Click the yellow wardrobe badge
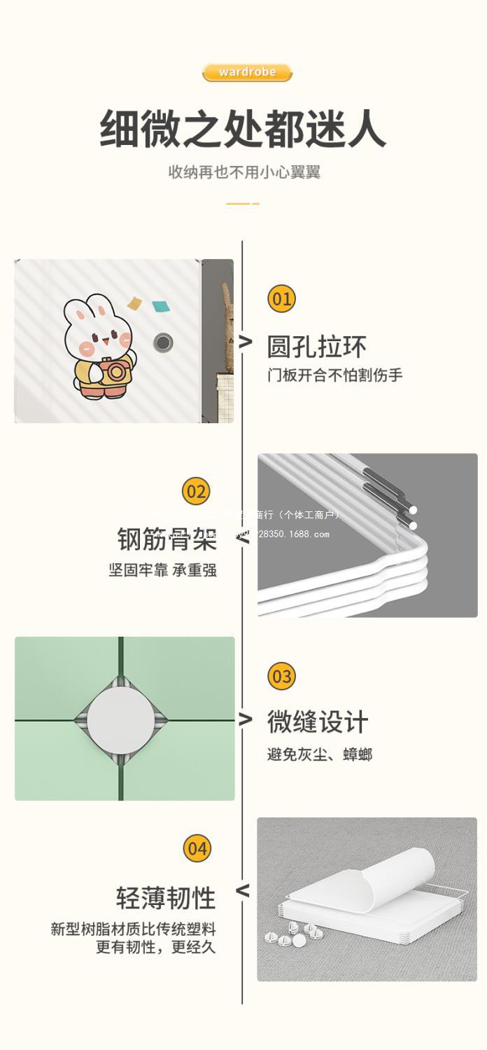[247, 72]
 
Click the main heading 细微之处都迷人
[243, 129]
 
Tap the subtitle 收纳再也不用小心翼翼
[243, 172]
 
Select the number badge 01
[281, 299]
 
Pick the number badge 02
[196, 491]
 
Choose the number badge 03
[281, 677]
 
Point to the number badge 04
[197, 849]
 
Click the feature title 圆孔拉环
[316, 347]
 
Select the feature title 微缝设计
[317, 721]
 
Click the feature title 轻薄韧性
[166, 898]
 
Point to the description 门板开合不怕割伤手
[334, 375]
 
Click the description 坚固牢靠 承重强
[162, 570]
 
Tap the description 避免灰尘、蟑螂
[319, 754]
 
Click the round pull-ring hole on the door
[163, 343]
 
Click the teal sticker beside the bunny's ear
[161, 306]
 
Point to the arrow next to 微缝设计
[244, 719]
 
